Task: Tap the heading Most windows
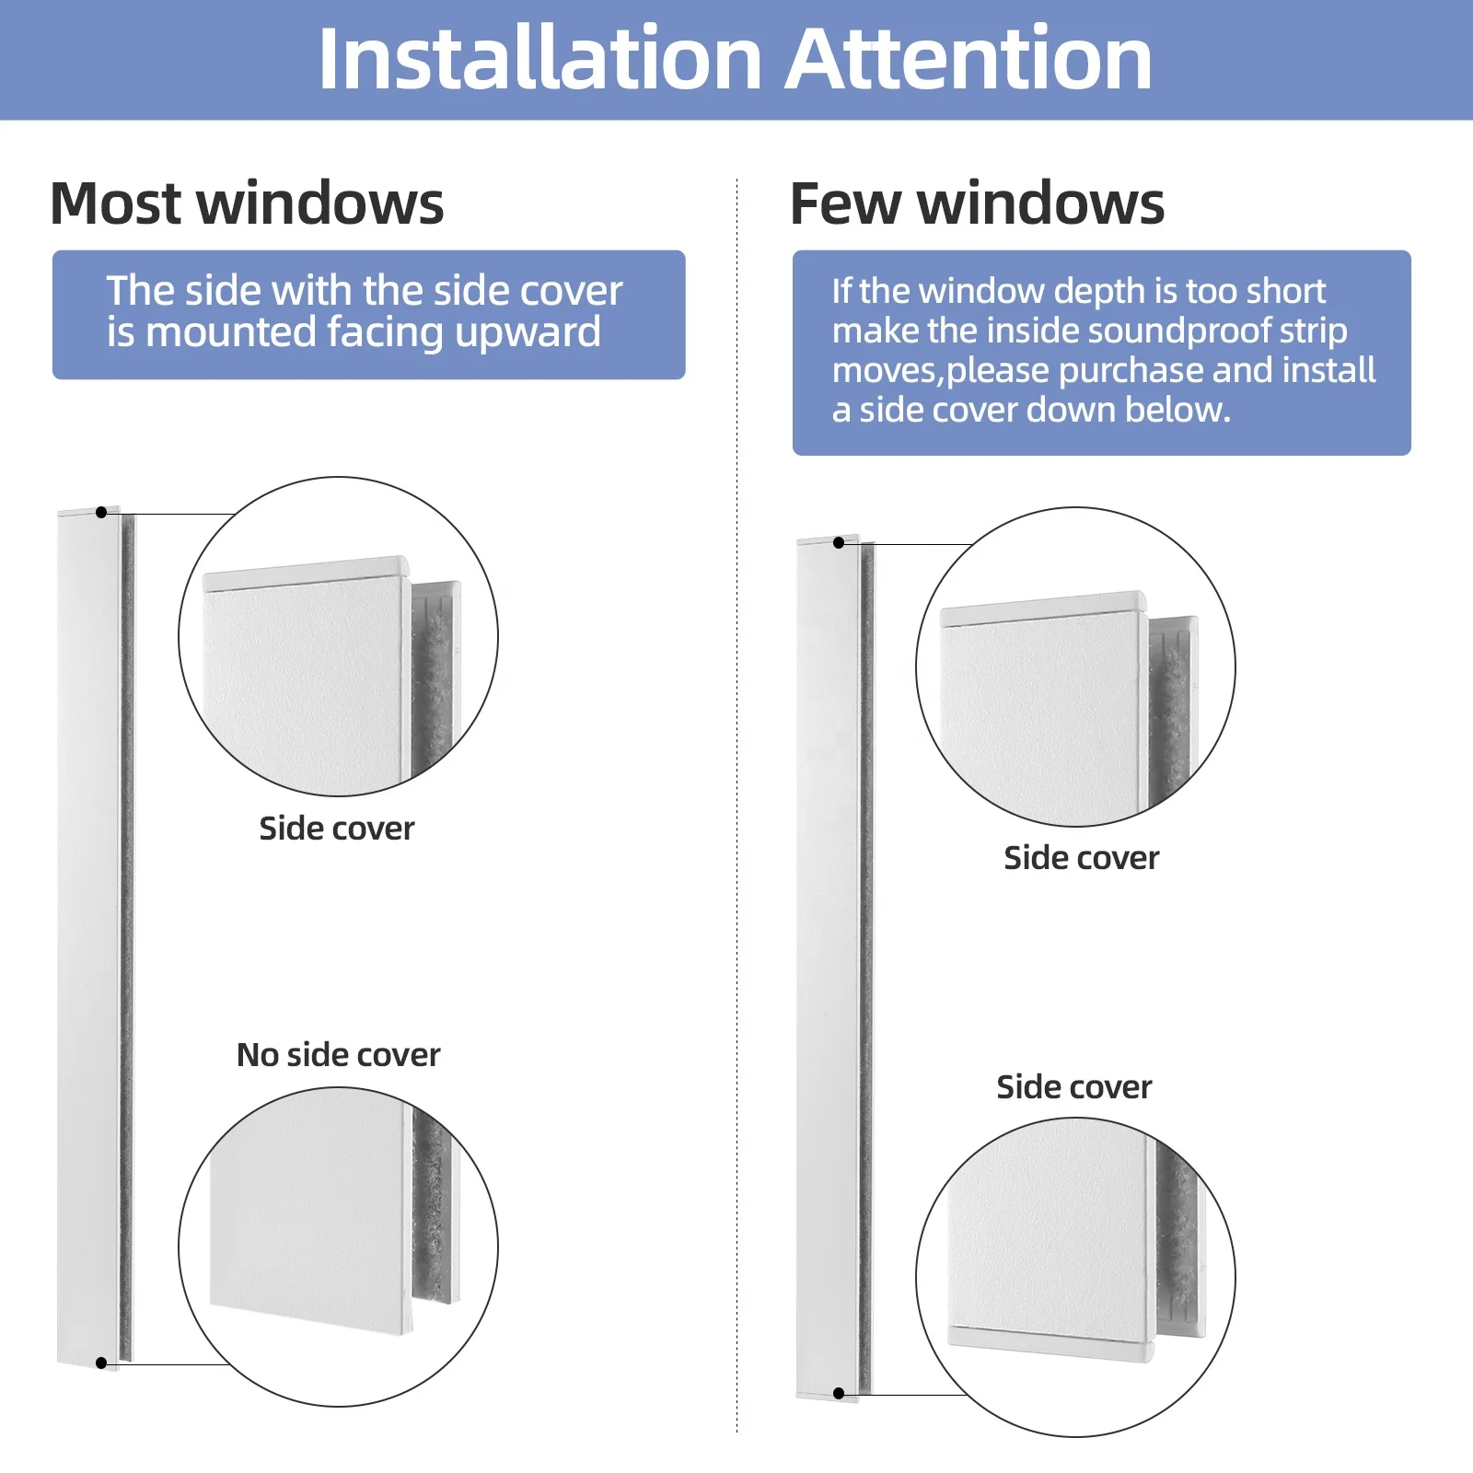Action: [247, 203]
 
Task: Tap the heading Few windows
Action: [977, 203]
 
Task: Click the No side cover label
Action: [338, 1055]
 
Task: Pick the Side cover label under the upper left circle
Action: [336, 829]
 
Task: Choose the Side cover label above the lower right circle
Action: [1073, 1087]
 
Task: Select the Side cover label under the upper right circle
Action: [1081, 858]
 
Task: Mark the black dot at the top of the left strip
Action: [101, 512]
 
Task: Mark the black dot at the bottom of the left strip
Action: [101, 1363]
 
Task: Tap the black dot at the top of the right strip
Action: [839, 543]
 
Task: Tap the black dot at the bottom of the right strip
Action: [839, 1394]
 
